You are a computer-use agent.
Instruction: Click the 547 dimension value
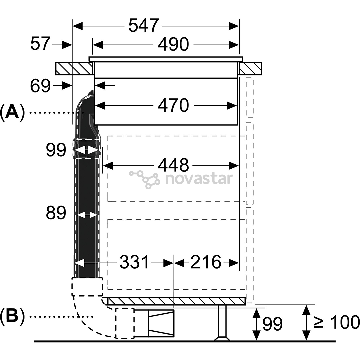(143, 25)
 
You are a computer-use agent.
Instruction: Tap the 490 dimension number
(173, 44)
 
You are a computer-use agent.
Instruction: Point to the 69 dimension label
(40, 86)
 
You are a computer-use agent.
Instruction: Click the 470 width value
(173, 105)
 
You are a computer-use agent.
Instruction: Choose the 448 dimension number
(173, 165)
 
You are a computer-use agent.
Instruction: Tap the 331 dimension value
(134, 262)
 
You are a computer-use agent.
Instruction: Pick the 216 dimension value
(205, 262)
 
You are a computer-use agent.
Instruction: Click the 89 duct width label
(56, 213)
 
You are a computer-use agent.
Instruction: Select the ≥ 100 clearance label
(337, 322)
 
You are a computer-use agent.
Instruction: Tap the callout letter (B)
(12, 317)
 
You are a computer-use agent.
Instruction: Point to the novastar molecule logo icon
(144, 179)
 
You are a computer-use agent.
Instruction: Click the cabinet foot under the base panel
(222, 323)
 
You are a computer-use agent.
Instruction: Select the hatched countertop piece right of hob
(250, 68)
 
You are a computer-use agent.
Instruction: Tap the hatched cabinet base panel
(176, 301)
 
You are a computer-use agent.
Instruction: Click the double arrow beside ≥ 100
(306, 323)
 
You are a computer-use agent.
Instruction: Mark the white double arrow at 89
(87, 215)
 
